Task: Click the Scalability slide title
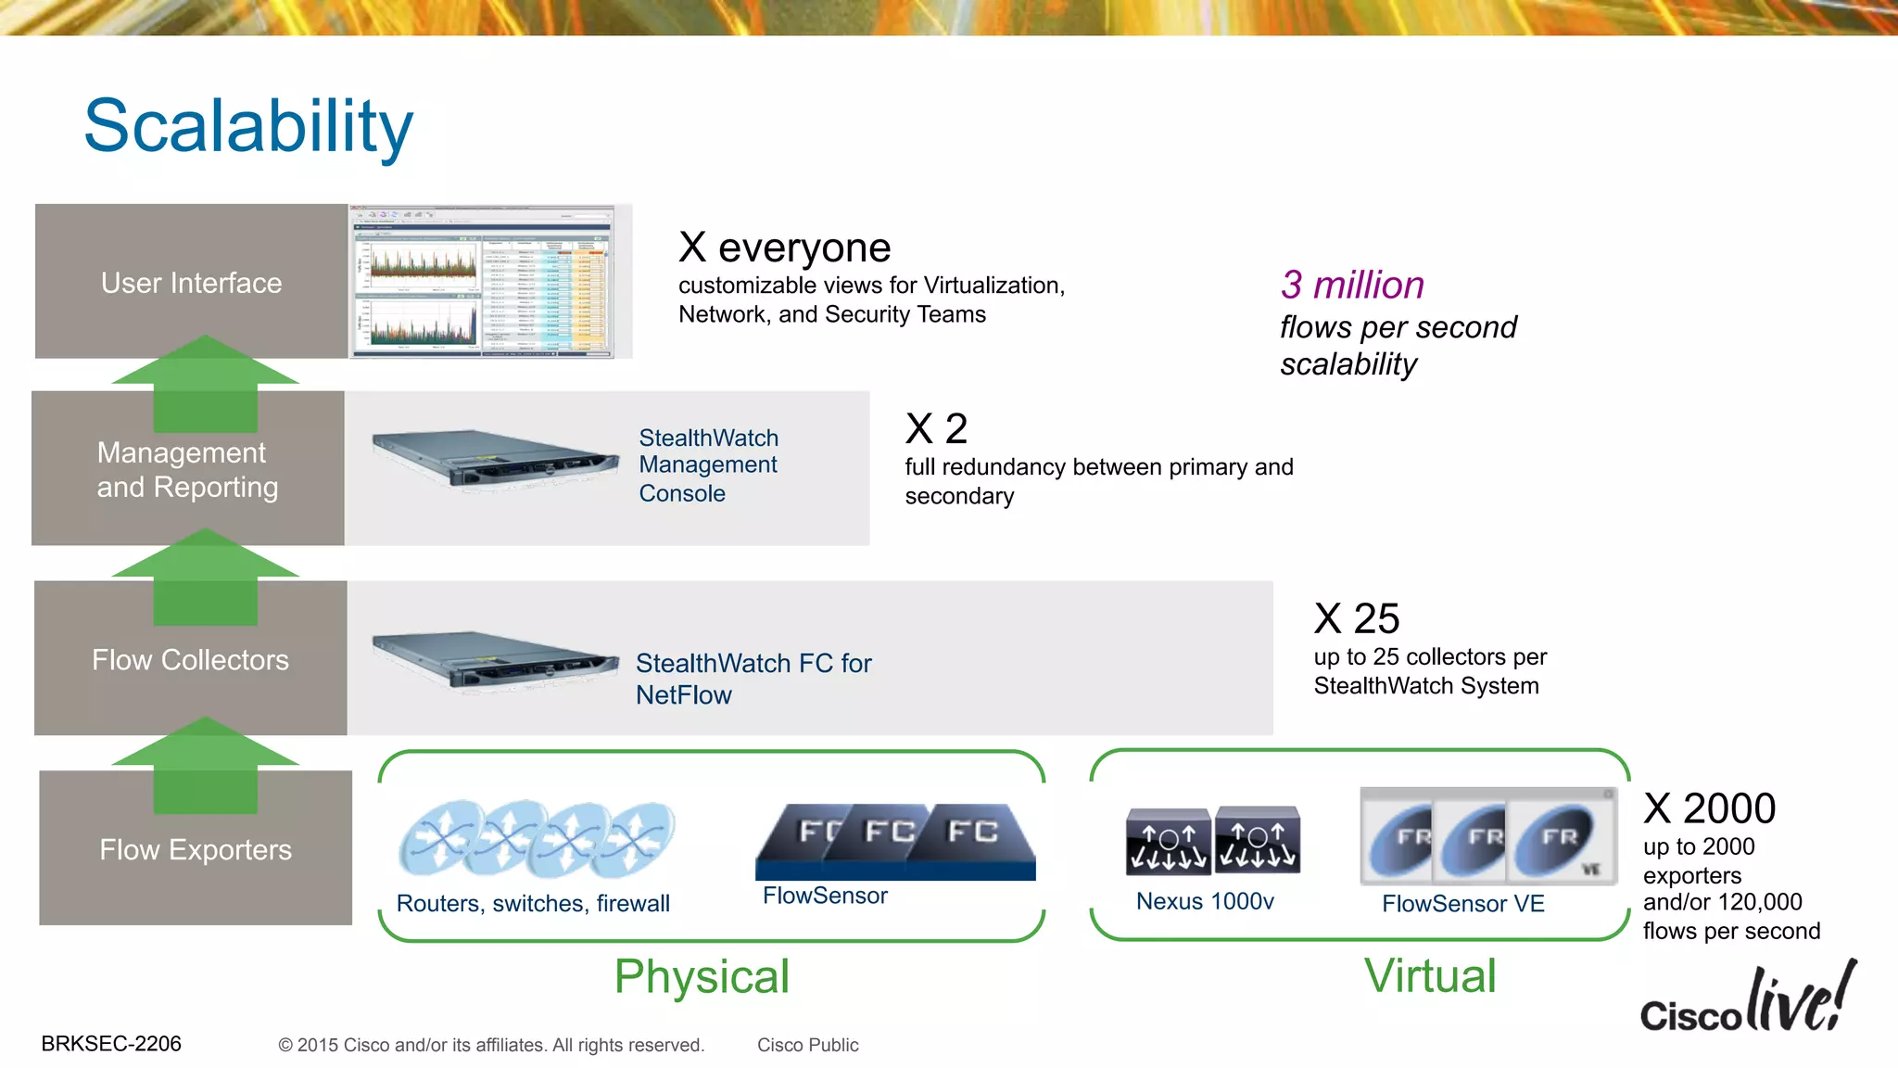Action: [x=248, y=126]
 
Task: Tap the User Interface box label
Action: [x=191, y=283]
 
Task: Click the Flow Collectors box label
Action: [x=190, y=660]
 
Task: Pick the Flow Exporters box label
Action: [x=196, y=850]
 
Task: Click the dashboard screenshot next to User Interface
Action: [x=483, y=282]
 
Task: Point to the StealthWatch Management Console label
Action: [x=708, y=465]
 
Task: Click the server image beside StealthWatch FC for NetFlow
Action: [x=495, y=660]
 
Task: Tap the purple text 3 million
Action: [x=1352, y=285]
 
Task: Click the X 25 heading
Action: [x=1357, y=618]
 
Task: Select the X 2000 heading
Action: [x=1710, y=808]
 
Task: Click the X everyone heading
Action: [x=784, y=248]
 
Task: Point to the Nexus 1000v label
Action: [x=1205, y=901]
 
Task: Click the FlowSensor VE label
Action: [x=1462, y=904]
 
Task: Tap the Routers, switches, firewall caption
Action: [x=533, y=904]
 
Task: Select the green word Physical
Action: [x=702, y=977]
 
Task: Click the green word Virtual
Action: [x=1430, y=976]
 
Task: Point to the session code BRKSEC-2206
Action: [x=111, y=1044]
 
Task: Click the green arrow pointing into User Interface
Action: [x=206, y=382]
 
